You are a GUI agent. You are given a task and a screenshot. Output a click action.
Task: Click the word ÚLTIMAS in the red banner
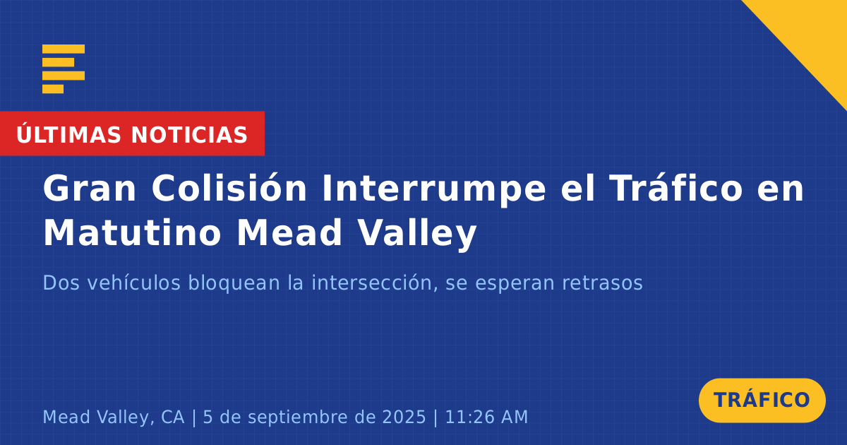click(68, 133)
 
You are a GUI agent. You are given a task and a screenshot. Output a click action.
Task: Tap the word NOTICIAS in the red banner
click(189, 135)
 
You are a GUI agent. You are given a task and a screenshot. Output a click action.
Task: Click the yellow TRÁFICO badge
click(762, 400)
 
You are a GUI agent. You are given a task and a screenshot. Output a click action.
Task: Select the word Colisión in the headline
click(229, 188)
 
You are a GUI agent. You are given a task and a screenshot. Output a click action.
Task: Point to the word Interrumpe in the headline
click(434, 190)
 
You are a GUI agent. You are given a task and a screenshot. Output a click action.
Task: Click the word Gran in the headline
click(90, 189)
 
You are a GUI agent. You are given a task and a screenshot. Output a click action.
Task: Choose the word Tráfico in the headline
click(677, 188)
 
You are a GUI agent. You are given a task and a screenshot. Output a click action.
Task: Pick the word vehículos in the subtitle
click(133, 283)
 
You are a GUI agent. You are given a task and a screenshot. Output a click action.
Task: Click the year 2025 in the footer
click(404, 417)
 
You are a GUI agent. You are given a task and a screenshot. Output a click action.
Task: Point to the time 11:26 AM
click(486, 417)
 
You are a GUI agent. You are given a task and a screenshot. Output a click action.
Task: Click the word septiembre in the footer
click(312, 417)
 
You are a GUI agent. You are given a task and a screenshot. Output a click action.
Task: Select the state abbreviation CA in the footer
click(173, 417)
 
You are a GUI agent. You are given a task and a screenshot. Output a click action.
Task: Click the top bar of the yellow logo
click(64, 49)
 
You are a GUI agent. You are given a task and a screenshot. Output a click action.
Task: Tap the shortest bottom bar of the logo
click(53, 89)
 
